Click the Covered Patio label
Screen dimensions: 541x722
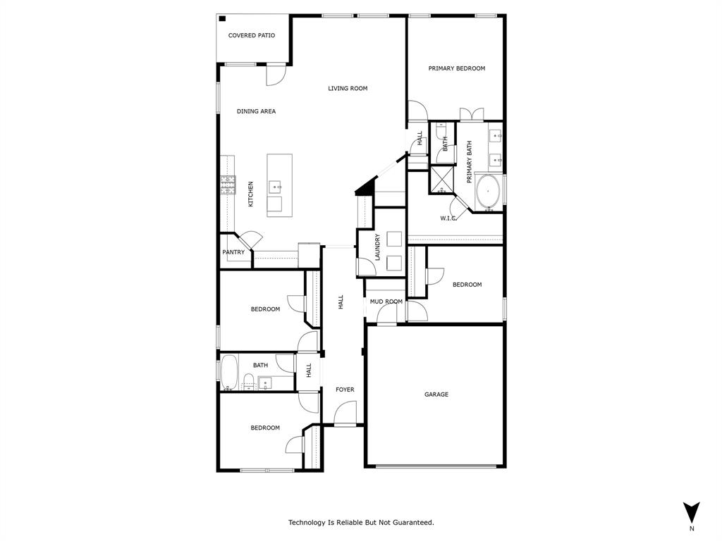click(252, 35)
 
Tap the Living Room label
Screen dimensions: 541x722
click(348, 88)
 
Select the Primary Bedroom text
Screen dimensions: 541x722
click(457, 68)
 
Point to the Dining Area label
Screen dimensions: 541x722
click(256, 111)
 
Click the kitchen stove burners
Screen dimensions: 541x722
click(227, 185)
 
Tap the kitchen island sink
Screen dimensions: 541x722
click(275, 187)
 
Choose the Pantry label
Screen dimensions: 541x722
click(233, 252)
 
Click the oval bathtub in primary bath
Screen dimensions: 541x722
click(488, 191)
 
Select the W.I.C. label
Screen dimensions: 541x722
click(449, 218)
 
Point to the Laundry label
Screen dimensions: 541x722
click(378, 247)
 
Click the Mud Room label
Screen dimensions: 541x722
click(386, 301)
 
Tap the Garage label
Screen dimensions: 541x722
click(436, 394)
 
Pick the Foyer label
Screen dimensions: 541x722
click(345, 390)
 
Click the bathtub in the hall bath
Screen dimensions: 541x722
click(229, 373)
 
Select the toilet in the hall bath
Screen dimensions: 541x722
click(248, 382)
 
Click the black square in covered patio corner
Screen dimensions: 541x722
click(222, 19)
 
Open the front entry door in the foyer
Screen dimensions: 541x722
click(345, 414)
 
